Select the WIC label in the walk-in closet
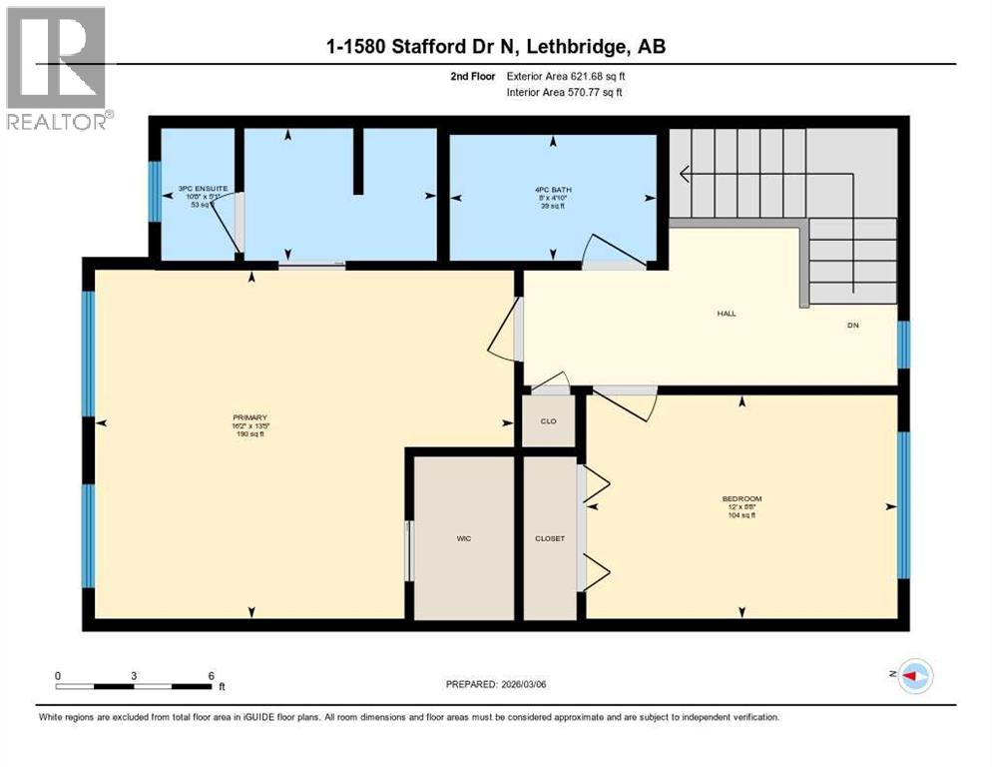464,538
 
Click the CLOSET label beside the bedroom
550,538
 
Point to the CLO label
548,420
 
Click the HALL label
726,314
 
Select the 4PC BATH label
552,189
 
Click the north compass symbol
913,676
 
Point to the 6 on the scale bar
211,675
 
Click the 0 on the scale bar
58,675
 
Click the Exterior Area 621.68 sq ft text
570,76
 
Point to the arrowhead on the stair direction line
685,176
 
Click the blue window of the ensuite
155,192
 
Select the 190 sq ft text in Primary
249,434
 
